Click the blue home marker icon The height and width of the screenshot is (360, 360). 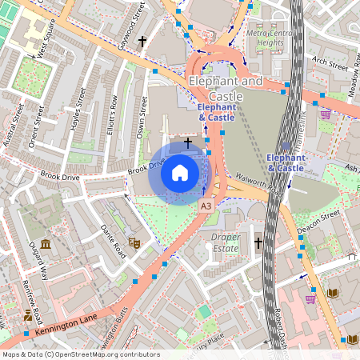pos(180,172)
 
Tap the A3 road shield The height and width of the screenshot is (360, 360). pos(206,206)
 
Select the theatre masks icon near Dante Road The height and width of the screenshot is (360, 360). pos(134,241)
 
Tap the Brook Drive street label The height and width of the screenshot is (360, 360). pos(146,169)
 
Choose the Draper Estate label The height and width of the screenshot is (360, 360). pos(226,242)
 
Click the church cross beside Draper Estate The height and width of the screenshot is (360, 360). pos(258,242)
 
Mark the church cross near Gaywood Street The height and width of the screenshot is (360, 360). pos(142,41)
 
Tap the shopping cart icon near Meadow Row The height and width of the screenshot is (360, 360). pos(326,114)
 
